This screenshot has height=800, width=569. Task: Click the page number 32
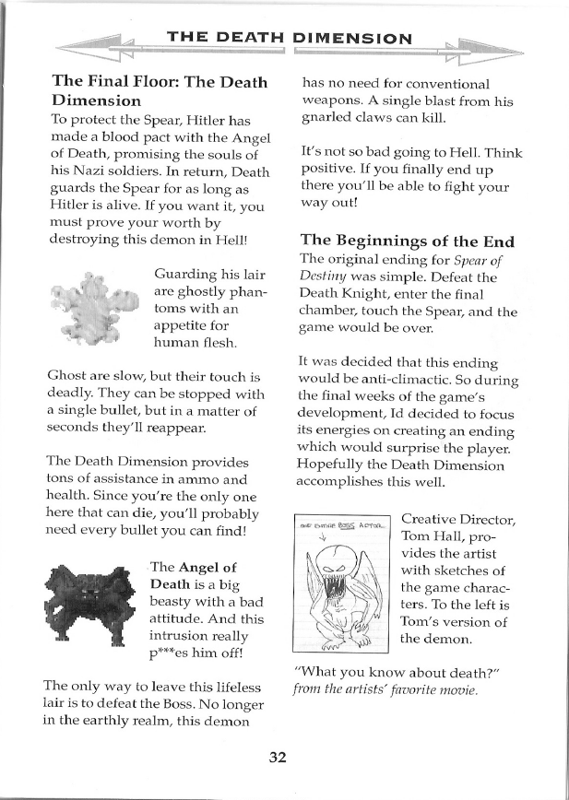click(x=279, y=757)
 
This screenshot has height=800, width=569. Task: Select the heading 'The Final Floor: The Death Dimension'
click(x=159, y=89)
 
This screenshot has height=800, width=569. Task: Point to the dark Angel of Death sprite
click(x=90, y=604)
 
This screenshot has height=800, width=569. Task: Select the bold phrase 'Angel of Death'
click(x=194, y=574)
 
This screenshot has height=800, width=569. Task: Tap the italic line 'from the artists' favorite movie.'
click(x=386, y=689)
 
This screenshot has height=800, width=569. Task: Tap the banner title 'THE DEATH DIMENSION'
click(x=289, y=38)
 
